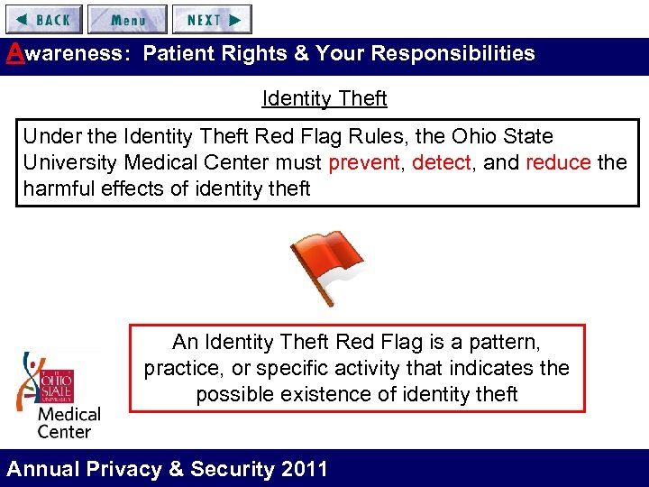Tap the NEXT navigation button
coord(212,19)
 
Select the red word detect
coord(441,162)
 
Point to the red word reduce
coord(558,162)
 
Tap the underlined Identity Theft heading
coord(324,98)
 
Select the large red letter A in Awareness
coord(13,52)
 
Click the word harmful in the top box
coord(58,188)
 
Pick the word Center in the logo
coord(64,431)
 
